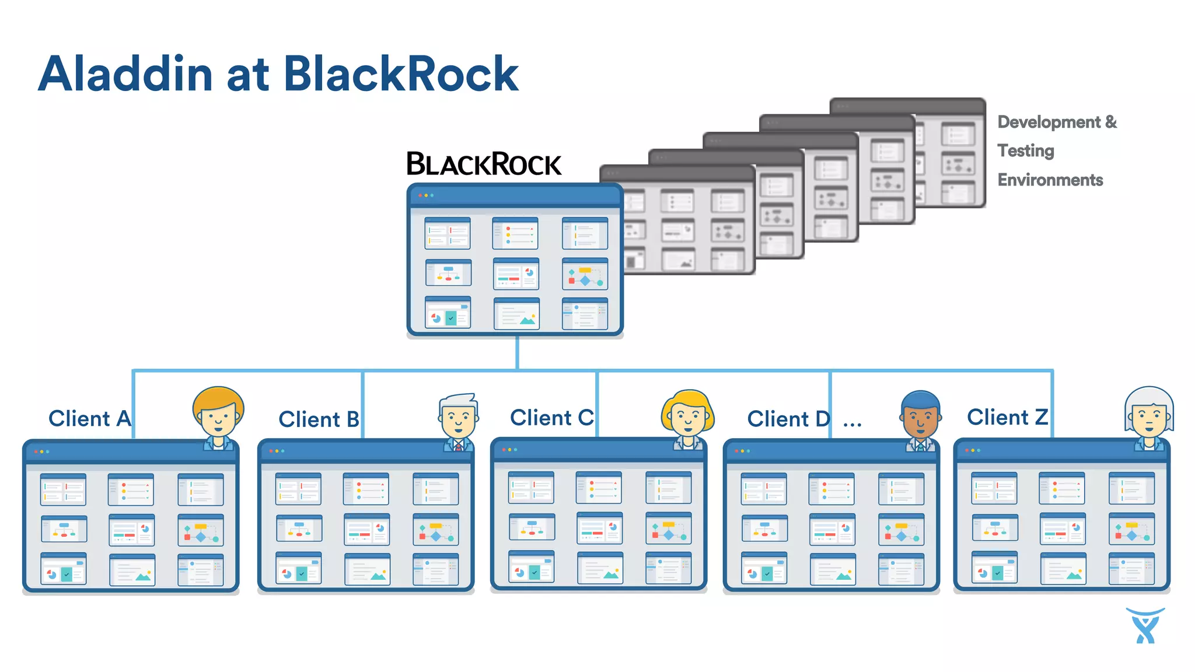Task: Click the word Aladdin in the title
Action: tap(125, 74)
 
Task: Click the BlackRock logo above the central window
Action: tap(483, 164)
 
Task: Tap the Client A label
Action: tap(89, 418)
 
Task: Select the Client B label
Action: tap(319, 419)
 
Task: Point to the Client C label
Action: tap(551, 418)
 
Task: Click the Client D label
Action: tap(788, 419)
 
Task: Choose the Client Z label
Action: tap(1007, 417)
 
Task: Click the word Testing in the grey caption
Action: tap(1025, 150)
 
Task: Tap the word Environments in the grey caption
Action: tap(1050, 180)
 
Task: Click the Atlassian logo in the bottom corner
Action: tap(1145, 625)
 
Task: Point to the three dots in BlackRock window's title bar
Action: tap(426, 195)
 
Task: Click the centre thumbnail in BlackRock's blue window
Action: tap(516, 274)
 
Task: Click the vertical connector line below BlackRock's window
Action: tap(517, 353)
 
